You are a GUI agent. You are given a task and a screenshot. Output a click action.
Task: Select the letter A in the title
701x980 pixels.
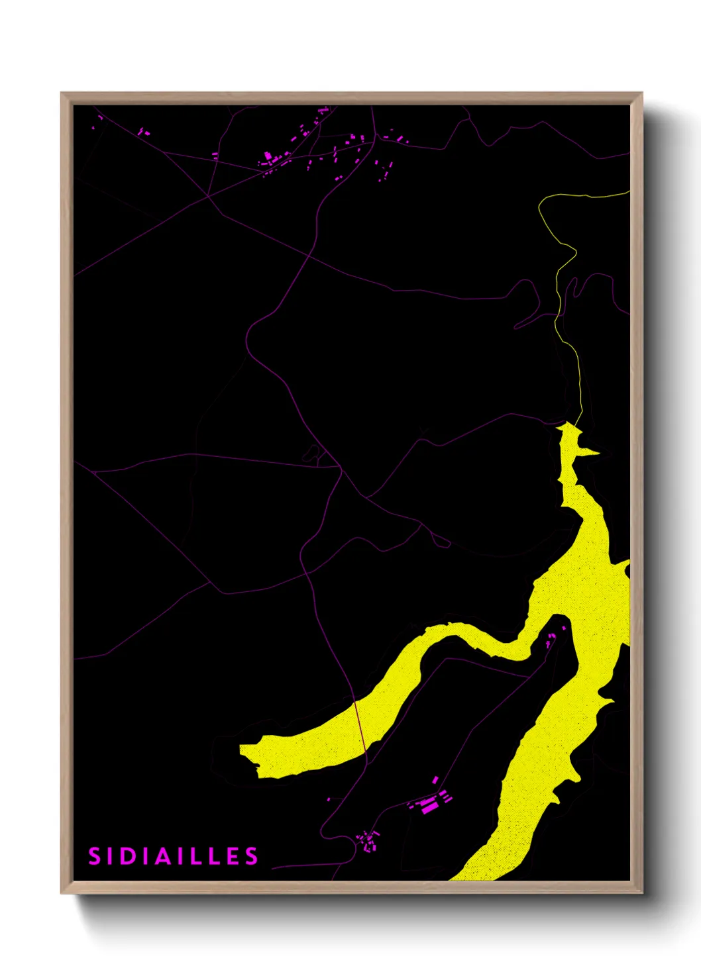pos(162,856)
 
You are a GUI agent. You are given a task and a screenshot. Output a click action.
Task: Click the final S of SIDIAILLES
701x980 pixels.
pos(252,856)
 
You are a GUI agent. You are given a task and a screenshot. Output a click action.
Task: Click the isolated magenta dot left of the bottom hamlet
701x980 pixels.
pos(329,799)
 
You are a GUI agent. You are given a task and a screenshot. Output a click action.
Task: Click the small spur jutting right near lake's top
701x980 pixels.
pos(593,452)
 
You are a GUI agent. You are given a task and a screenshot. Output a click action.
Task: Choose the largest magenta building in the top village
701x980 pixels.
pos(268,157)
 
